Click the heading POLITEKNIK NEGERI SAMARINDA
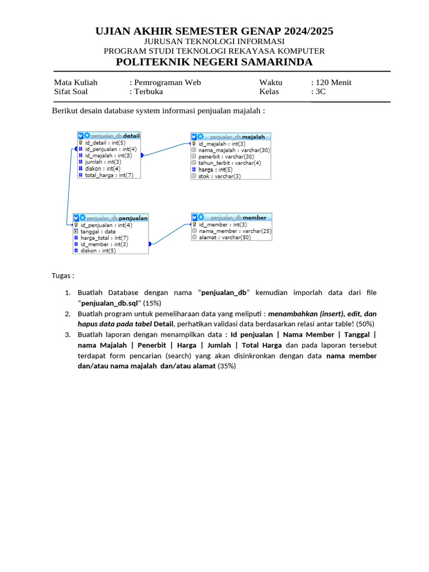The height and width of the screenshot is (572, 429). (x=214, y=62)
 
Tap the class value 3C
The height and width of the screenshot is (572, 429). (x=320, y=92)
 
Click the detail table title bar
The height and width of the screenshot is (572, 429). (x=109, y=135)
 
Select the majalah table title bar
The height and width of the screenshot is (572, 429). (x=231, y=136)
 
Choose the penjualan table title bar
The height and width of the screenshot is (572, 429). (x=111, y=218)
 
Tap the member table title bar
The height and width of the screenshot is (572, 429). (x=232, y=217)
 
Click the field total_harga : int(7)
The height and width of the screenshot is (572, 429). (x=109, y=175)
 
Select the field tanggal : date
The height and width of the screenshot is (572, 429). (x=98, y=231)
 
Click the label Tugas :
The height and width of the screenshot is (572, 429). (x=63, y=276)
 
